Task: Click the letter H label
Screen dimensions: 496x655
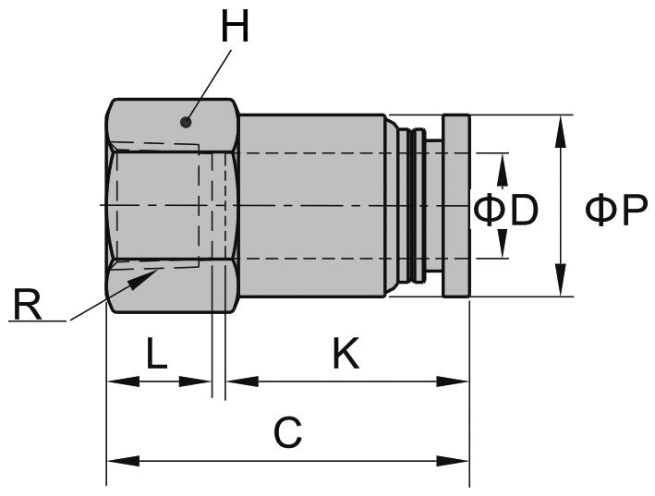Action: coord(236,28)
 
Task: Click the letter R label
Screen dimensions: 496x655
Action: coord(28,304)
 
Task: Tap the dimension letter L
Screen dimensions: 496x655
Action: coord(157,354)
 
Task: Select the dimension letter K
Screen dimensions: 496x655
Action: coord(346,354)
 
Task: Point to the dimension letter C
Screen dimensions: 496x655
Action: coord(288,433)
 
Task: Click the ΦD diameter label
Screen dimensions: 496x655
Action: coord(505,211)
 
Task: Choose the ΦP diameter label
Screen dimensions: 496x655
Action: coord(616,211)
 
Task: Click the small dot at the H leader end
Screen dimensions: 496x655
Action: coord(187,122)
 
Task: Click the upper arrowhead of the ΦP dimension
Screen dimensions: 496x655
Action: coord(560,129)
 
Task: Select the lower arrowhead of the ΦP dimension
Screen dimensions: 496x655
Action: coord(560,283)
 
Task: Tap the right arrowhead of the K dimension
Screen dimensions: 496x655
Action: coord(458,381)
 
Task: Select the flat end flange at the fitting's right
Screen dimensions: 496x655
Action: coord(456,205)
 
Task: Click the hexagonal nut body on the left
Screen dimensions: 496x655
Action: coord(171,205)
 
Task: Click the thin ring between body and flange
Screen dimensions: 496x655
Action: coord(419,205)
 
